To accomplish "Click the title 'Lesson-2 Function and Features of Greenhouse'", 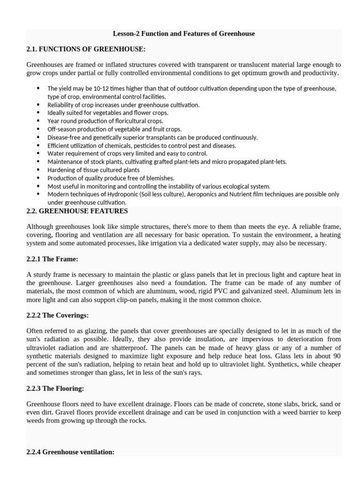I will point(184,34).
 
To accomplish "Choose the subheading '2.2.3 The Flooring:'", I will point(55,388).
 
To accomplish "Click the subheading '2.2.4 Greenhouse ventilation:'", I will point(70,452).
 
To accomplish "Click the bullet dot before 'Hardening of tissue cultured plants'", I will point(38,170).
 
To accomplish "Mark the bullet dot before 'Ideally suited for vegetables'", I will point(38,113).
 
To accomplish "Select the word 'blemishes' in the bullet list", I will point(160,178).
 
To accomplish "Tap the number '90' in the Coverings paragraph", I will point(336,356).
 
